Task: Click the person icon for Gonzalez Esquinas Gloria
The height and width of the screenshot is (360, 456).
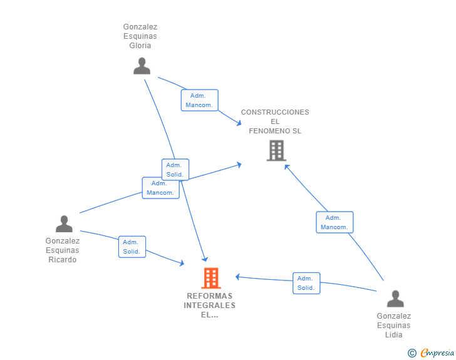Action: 142,66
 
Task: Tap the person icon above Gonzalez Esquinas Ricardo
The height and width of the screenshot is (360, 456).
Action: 64,224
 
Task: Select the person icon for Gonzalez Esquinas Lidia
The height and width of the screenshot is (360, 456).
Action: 395,299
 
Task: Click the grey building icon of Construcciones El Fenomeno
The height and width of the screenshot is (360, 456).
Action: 276,151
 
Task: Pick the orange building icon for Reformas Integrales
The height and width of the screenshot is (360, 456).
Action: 211,278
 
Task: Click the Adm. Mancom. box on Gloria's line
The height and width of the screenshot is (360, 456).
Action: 199,100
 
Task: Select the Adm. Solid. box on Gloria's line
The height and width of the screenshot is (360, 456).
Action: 175,170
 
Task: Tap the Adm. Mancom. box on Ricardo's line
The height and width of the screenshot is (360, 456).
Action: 160,188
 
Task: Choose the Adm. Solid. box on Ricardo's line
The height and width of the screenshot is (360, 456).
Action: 132,247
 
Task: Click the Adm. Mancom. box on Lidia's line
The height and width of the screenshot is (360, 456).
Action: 334,222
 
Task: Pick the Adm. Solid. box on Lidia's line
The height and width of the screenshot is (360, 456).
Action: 306,283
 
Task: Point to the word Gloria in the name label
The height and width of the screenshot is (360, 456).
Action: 140,46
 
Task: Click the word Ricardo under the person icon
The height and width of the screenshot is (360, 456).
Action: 63,260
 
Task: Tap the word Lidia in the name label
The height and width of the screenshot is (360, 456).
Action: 394,335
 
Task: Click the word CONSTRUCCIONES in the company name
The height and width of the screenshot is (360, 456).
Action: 275,112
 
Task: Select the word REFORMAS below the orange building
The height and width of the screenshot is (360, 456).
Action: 210,296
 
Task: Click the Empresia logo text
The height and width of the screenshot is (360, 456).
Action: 437,353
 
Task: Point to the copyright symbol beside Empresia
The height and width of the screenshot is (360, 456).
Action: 412,353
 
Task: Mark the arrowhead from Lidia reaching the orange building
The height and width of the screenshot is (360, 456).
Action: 237,277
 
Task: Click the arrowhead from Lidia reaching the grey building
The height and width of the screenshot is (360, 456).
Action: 287,167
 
